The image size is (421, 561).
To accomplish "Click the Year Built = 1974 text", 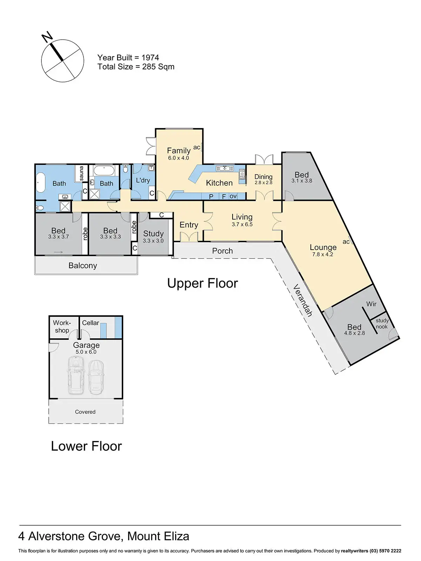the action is click(x=128, y=58).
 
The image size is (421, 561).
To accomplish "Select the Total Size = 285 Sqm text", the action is click(x=136, y=67).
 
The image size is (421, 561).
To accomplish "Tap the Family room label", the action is click(x=179, y=151).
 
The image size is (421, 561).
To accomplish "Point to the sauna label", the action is click(x=82, y=173).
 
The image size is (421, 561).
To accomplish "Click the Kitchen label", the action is click(x=219, y=183).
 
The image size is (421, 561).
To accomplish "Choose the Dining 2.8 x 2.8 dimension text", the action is click(x=263, y=183).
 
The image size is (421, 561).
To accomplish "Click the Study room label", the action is click(x=153, y=234).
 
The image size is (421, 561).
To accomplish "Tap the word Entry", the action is click(x=189, y=225).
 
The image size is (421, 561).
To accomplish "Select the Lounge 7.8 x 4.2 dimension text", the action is click(x=323, y=255).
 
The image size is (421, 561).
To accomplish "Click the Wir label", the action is click(x=371, y=304).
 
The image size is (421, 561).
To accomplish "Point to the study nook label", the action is click(x=382, y=323).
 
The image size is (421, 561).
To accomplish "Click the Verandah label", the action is click(x=302, y=300).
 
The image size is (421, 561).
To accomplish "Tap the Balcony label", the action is click(x=83, y=265).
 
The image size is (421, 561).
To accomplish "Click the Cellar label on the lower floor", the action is click(x=91, y=323).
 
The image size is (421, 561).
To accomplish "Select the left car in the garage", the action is click(x=75, y=375).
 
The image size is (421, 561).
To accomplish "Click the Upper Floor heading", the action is click(x=202, y=283).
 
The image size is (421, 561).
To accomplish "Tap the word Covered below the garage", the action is click(x=85, y=412).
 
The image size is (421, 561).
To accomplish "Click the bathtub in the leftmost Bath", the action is click(x=40, y=183).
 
